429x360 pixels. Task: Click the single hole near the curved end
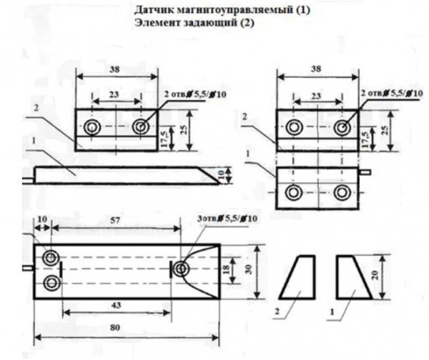coord(181,268)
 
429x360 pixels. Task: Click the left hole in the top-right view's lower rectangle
coord(293,192)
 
